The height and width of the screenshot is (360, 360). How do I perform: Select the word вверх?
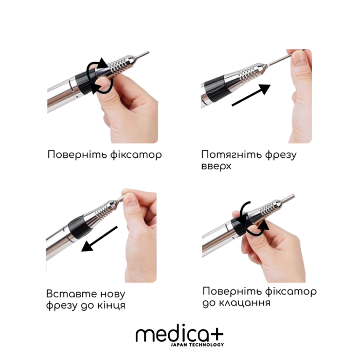pos(217,167)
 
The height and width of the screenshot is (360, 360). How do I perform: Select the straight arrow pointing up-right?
pos(250,95)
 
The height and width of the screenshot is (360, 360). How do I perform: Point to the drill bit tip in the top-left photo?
pos(143,53)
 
